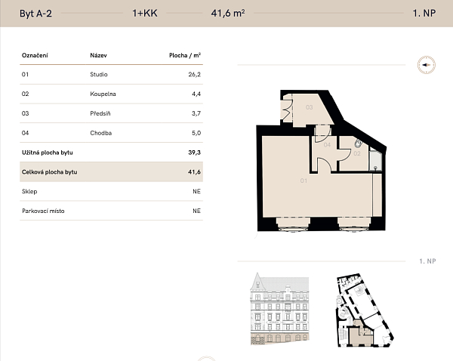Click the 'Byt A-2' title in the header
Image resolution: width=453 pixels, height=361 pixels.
35,14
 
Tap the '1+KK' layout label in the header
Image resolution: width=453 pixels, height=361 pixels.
145,13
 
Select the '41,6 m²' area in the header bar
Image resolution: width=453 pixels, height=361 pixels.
228,13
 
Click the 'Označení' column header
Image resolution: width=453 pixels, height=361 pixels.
35,55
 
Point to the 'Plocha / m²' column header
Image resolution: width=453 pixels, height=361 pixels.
185,55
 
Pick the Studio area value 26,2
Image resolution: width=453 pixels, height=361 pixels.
195,74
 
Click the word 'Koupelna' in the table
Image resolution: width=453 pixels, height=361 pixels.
103,94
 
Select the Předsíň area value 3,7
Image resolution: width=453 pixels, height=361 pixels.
196,113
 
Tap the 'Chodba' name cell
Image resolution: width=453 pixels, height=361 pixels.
101,133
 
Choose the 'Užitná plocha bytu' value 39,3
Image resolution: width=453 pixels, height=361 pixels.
195,153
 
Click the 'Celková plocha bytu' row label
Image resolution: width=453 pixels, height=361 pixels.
49,172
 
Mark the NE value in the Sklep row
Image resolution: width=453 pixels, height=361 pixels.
196,191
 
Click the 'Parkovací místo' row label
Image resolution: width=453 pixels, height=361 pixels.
43,211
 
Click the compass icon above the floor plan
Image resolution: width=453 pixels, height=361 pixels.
427,65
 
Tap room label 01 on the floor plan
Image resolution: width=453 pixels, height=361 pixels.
304,180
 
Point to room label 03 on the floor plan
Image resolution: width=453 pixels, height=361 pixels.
309,107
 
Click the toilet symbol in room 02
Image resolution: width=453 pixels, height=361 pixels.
358,143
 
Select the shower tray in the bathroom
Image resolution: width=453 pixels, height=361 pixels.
375,160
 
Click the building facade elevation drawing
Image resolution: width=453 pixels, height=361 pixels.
279,308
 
